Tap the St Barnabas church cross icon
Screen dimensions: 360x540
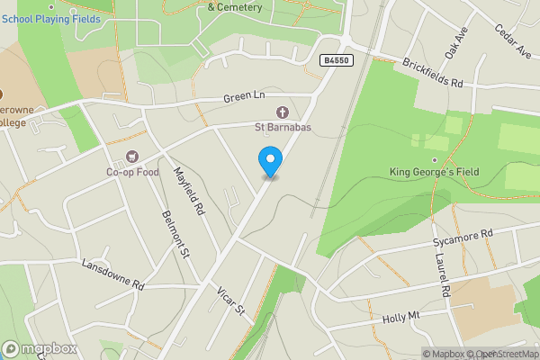tap(283, 112)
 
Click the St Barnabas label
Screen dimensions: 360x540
tap(283, 128)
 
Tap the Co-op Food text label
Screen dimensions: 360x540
tap(132, 172)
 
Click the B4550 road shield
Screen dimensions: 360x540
tap(335, 60)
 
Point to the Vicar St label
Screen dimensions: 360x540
tap(230, 301)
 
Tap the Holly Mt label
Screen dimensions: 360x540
tap(401, 317)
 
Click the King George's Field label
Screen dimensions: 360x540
tap(434, 172)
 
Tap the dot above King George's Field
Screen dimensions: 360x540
tap(434, 159)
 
